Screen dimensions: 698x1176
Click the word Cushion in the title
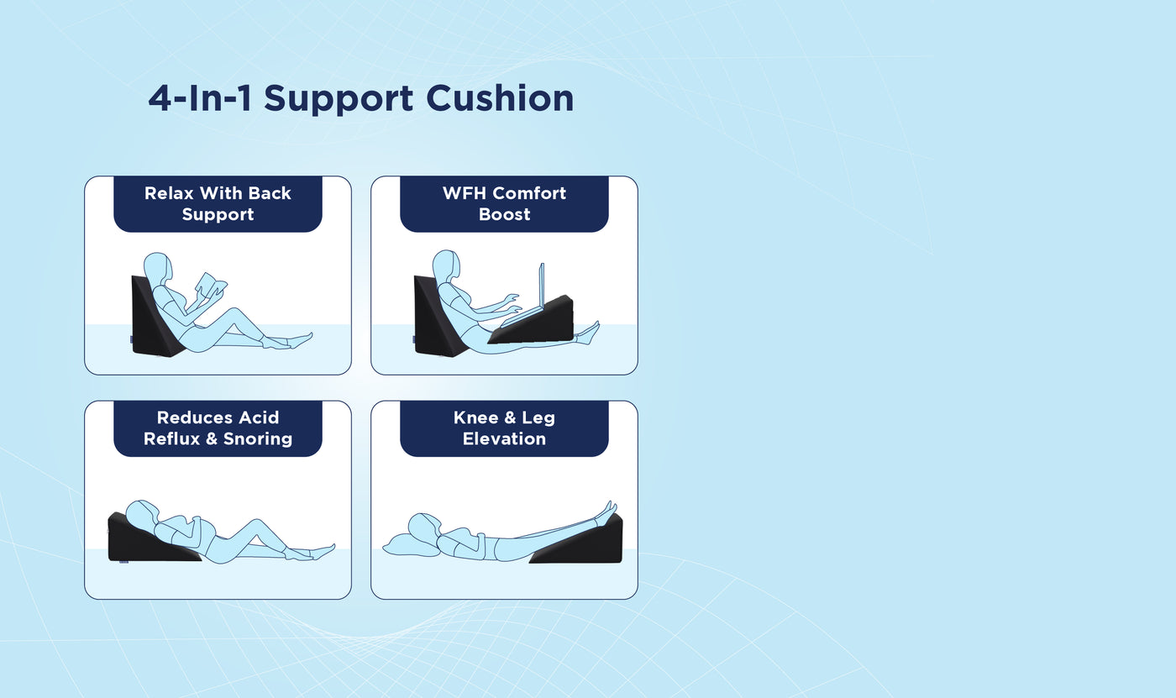pos(500,98)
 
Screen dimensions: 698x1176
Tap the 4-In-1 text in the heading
pos(200,98)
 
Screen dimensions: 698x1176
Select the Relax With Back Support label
pos(218,203)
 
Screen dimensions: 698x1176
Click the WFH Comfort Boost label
pos(504,203)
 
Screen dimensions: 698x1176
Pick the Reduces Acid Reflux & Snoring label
pos(218,428)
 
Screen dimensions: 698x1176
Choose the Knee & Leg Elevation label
pos(504,428)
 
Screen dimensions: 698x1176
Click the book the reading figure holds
pos(210,285)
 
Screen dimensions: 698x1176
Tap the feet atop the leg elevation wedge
pos(606,509)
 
